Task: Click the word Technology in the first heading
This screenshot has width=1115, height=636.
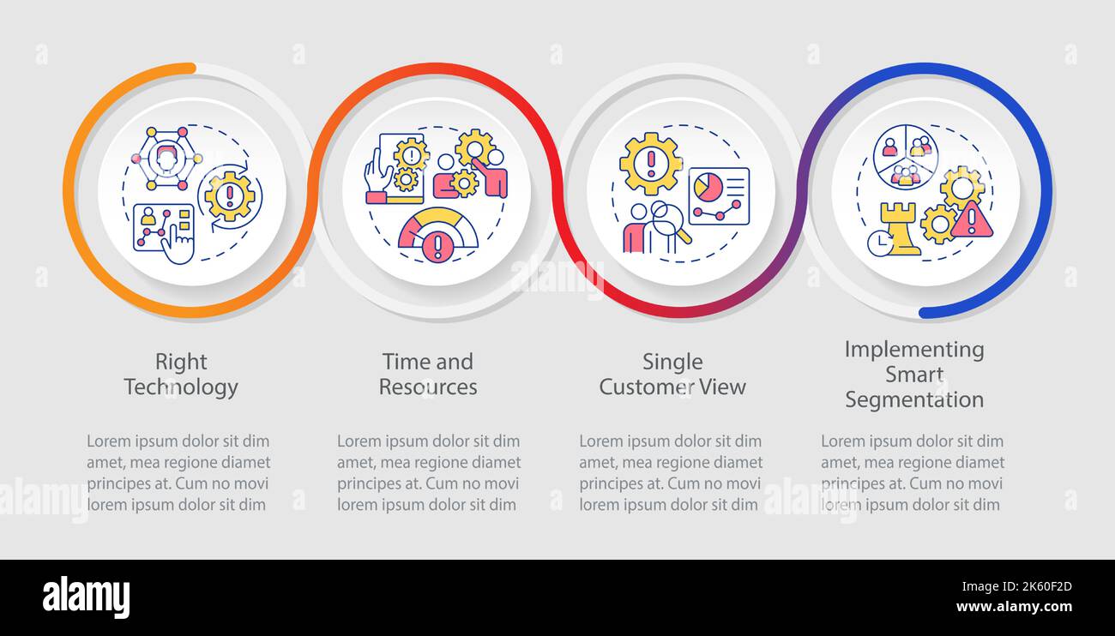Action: pyautogui.click(x=181, y=387)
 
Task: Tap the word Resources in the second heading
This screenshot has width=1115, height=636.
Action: pyautogui.click(x=428, y=387)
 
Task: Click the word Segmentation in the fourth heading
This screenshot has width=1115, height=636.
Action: pyautogui.click(x=914, y=399)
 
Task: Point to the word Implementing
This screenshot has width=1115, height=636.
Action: pyautogui.click(x=914, y=350)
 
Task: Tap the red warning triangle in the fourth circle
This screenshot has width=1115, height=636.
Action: pyautogui.click(x=972, y=219)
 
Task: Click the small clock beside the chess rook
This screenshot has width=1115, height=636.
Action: pyautogui.click(x=880, y=243)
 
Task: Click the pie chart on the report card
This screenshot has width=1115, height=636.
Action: pyautogui.click(x=708, y=187)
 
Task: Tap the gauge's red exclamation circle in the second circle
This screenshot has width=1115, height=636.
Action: pyautogui.click(x=438, y=246)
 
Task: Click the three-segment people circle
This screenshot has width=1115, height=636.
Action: pyautogui.click(x=906, y=157)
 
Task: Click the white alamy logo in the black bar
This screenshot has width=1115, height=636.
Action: pyautogui.click(x=86, y=597)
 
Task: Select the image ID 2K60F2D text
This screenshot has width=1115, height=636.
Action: pyautogui.click(x=1016, y=587)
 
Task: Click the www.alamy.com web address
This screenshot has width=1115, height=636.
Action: pyautogui.click(x=1014, y=607)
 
